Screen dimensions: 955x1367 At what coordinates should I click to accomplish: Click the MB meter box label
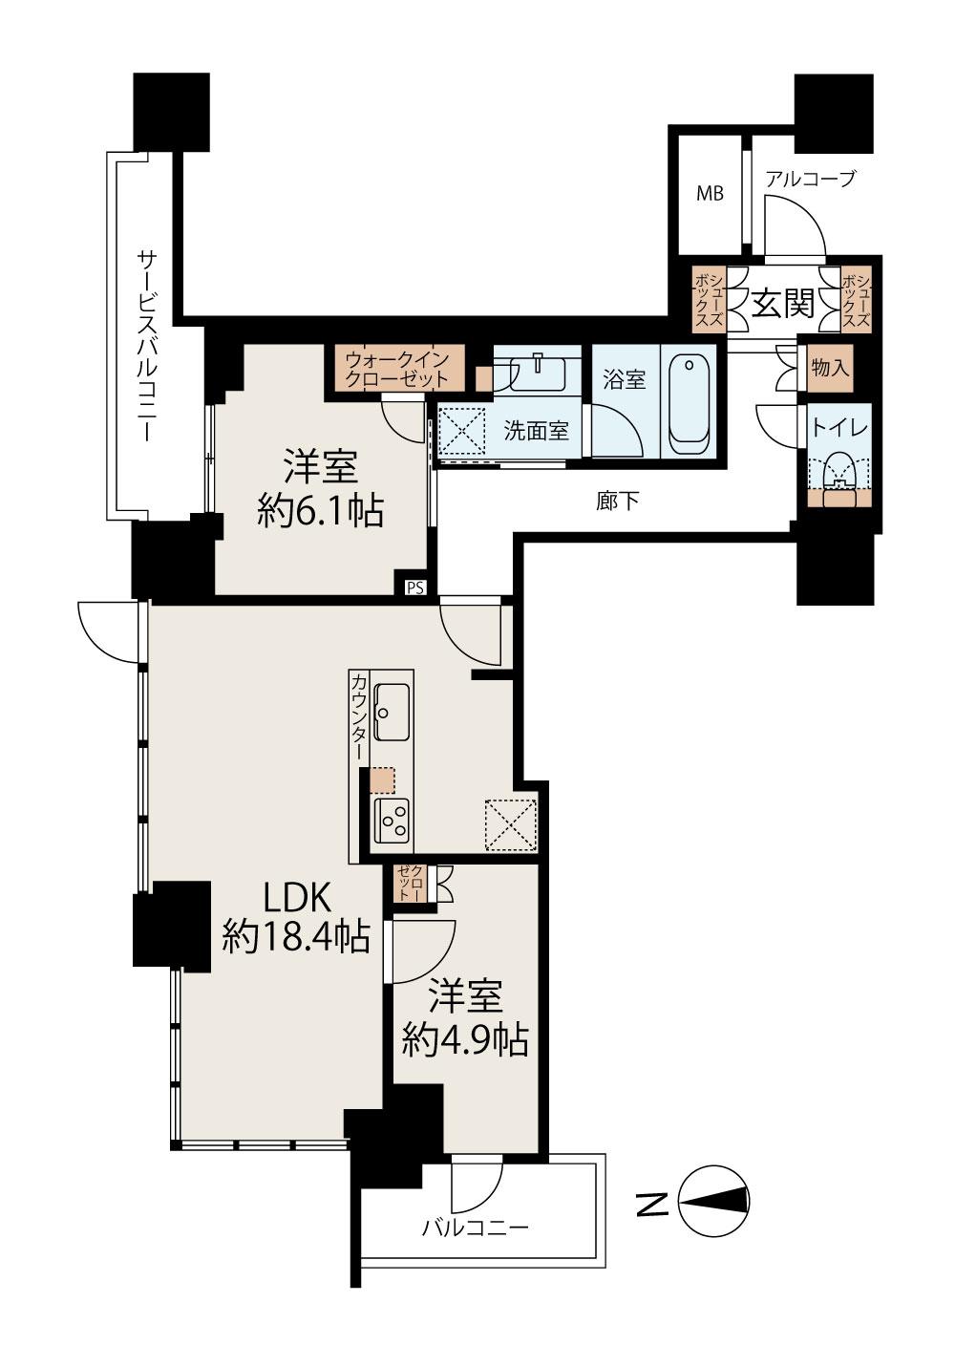711,194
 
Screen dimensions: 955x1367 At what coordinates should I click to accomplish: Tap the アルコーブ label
811,179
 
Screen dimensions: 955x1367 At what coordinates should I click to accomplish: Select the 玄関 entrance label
783,304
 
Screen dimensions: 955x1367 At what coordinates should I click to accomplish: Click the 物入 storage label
829,368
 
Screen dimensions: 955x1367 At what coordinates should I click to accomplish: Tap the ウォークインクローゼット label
397,368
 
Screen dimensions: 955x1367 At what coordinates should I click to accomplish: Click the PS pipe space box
415,587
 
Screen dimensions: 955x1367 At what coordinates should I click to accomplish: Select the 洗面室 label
536,432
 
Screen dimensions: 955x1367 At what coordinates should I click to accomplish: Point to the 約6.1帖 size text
320,511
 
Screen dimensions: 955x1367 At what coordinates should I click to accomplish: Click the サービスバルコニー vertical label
147,346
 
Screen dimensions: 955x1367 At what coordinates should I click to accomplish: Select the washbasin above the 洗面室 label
537,373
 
